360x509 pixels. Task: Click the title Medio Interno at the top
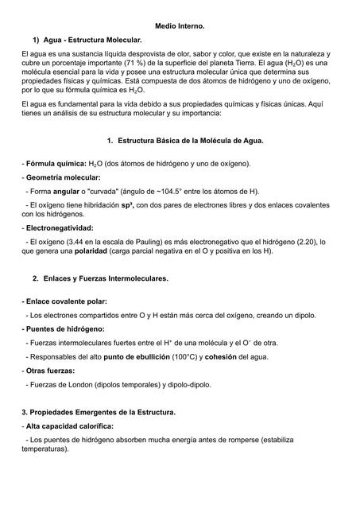pyautogui.click(x=180, y=26)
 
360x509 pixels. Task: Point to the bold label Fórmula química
pyautogui.click(x=55, y=163)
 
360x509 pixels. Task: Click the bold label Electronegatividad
pyautogui.click(x=59, y=228)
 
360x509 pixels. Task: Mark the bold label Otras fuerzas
pyautogui.click(x=50, y=371)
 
